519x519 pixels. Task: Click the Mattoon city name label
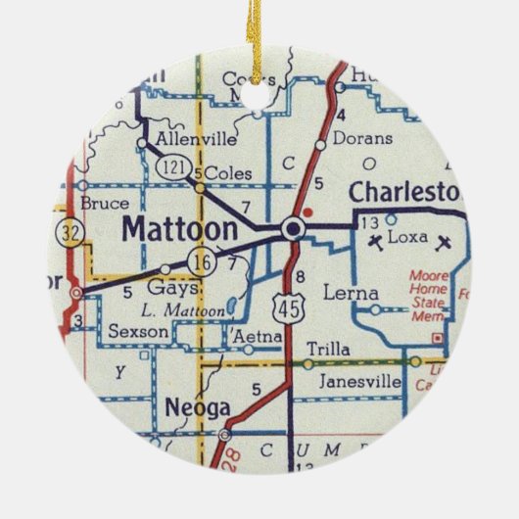(x=179, y=229)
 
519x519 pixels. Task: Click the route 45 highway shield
(x=284, y=307)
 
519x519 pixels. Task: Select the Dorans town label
(x=362, y=138)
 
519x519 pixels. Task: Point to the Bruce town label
(x=105, y=204)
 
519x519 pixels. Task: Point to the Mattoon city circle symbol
(x=292, y=228)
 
